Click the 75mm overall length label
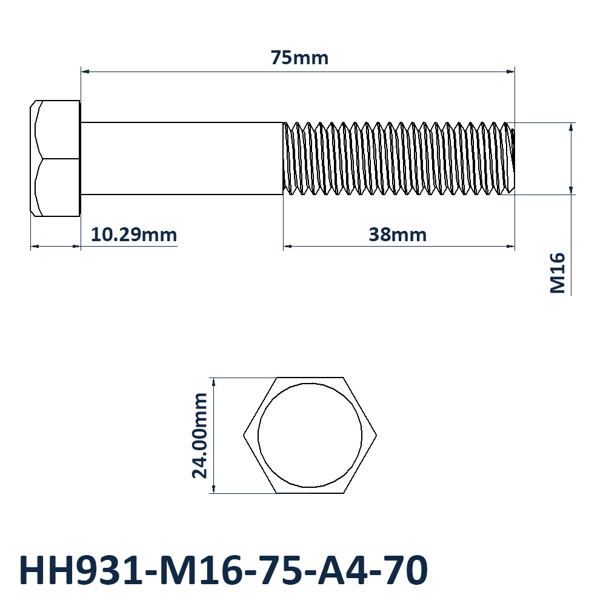(299, 58)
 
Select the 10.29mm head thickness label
(134, 235)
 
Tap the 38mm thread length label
(398, 235)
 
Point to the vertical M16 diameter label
(558, 273)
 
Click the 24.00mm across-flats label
(200, 436)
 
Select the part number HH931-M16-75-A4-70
(224, 570)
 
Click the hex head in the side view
(55, 158)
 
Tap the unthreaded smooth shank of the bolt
(182, 158)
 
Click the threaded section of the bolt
(399, 158)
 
